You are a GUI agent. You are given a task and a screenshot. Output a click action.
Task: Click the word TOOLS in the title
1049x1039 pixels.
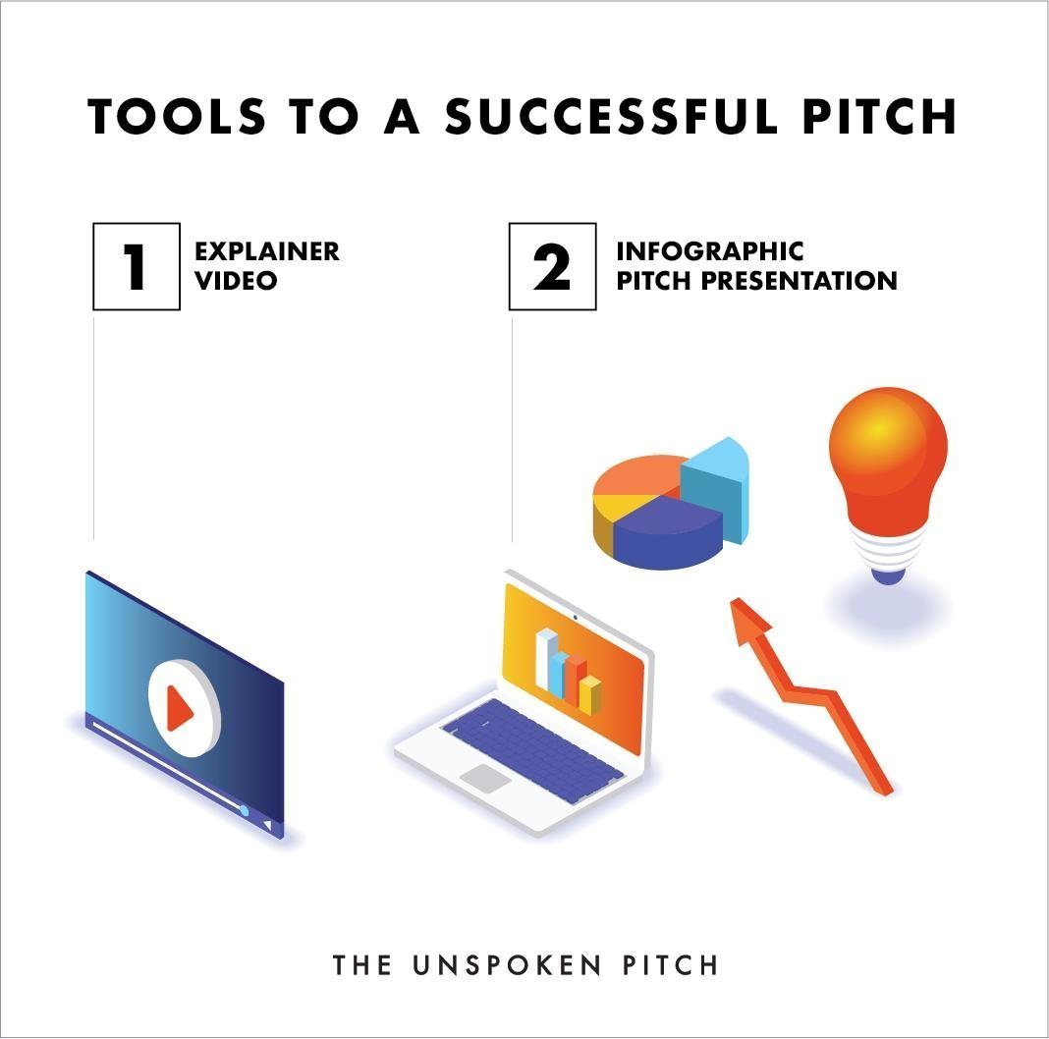177,117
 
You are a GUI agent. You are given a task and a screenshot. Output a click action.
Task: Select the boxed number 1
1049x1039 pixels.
137,266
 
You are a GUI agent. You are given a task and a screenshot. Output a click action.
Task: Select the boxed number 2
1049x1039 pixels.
552,266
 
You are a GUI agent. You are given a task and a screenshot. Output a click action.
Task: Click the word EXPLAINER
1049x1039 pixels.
267,251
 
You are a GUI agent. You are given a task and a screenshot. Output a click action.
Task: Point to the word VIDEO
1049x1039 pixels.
236,281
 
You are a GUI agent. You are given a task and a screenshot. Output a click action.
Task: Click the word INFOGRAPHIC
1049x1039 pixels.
709,251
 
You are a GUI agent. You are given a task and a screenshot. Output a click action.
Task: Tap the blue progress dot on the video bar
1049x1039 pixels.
245,810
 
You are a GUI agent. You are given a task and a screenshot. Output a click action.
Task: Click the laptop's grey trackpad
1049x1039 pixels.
485,779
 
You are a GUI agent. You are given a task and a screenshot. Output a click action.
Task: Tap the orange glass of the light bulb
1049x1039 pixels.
888,462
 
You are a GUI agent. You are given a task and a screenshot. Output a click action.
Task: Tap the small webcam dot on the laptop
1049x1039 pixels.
575,618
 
